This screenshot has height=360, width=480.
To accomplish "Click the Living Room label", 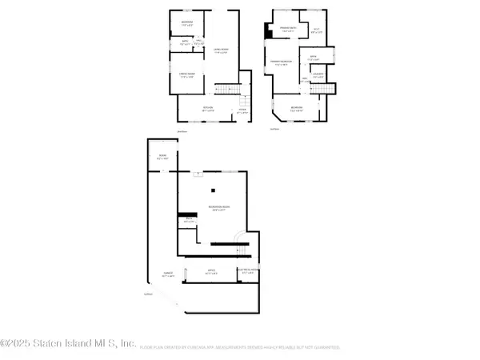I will [221, 50].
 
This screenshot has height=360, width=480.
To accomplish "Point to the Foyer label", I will [241, 112].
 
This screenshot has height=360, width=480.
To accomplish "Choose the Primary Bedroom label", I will [280, 62].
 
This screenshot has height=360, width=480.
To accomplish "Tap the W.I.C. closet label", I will [317, 30].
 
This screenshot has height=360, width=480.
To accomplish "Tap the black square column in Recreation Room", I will [213, 190].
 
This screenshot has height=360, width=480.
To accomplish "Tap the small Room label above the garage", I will [162, 158].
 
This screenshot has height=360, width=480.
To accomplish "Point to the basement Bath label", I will [189, 220].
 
